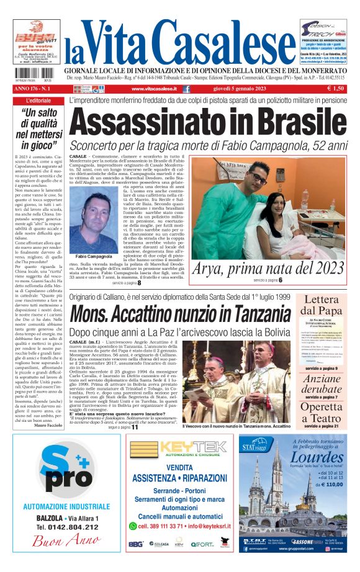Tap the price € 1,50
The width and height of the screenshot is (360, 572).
pos(336,89)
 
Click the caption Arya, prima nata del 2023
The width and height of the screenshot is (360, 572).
pos(269,268)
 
